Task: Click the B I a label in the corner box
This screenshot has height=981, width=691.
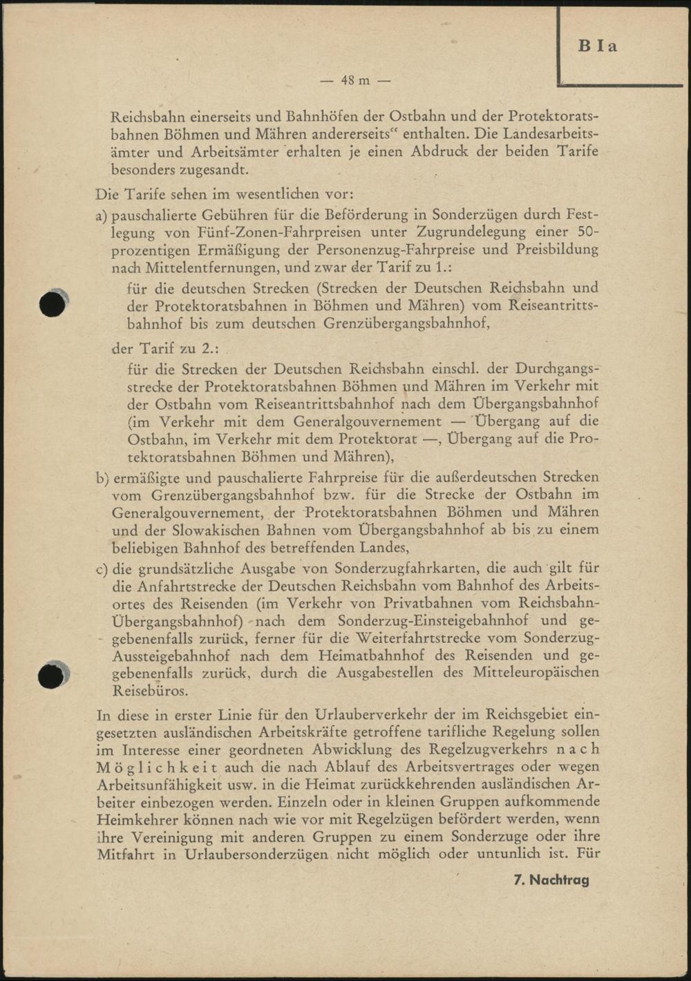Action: point(598,46)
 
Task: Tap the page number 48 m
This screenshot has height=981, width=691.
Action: point(355,80)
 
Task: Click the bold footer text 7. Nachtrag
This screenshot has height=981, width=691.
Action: point(551,879)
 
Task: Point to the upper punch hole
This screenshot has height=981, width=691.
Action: point(53,304)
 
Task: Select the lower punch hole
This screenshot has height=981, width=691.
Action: point(51,676)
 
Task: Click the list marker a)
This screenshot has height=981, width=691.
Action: point(102,215)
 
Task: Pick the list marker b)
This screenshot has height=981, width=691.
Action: point(102,477)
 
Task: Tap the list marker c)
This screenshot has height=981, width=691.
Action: point(102,569)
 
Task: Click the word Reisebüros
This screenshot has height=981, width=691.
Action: point(149,690)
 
